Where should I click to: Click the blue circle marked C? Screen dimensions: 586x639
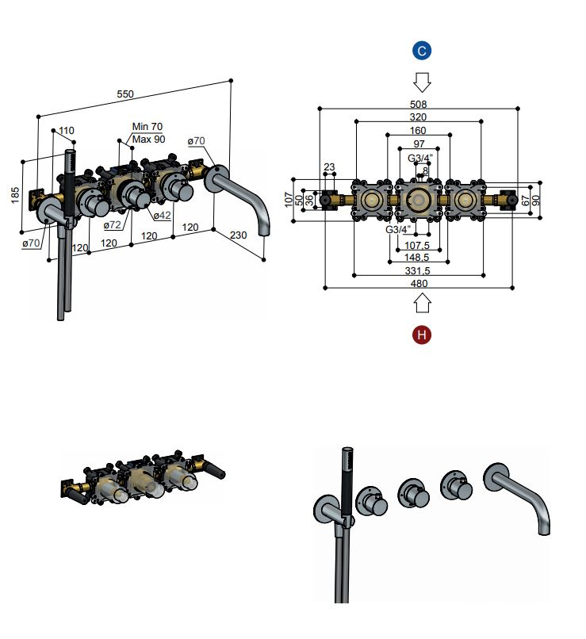coord(422,51)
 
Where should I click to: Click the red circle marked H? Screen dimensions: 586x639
coord(422,335)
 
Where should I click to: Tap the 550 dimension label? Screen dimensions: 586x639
coord(125,94)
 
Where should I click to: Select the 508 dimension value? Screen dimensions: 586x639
coord(418,105)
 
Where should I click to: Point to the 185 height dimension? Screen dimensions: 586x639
coord(15,195)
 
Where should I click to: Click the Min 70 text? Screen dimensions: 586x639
coord(147,127)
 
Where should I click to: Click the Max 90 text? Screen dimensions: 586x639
coord(149,140)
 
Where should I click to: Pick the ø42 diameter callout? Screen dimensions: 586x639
coord(163,215)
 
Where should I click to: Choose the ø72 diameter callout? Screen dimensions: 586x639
coord(112,225)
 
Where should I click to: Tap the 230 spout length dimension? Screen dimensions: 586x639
coord(239,235)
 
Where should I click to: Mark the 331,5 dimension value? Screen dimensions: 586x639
coord(417,270)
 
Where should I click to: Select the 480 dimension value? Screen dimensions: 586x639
coord(419,284)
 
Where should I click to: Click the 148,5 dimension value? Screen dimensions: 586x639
coord(416,258)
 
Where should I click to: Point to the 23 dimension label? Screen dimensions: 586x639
coord(329,166)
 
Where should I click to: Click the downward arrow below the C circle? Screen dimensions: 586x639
coord(422,82)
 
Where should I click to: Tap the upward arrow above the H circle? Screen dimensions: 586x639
coord(422,304)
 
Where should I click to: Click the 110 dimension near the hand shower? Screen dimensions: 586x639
coord(67,130)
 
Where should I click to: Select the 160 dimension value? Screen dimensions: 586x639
coord(418,130)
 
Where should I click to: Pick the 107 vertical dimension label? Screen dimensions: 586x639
coord(289,200)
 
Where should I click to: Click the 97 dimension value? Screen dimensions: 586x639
coord(419,143)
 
